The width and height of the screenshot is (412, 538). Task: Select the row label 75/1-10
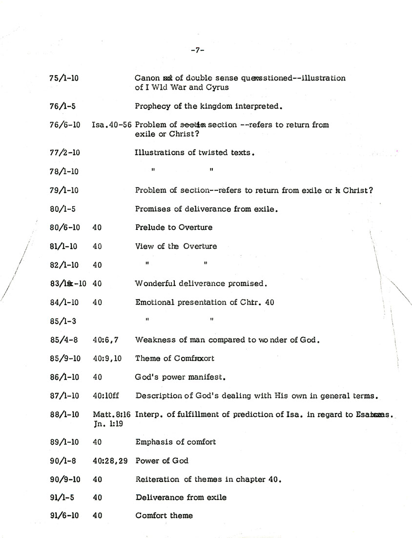(64, 78)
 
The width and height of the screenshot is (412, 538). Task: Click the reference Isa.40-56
(112, 124)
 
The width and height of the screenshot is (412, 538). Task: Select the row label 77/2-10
(65, 152)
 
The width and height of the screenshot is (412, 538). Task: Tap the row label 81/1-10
(64, 246)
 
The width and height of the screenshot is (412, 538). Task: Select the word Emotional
(153, 302)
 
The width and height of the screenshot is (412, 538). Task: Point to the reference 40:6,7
(105, 340)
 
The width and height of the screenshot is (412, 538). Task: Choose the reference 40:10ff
(106, 396)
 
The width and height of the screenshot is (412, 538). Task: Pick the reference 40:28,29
(110, 460)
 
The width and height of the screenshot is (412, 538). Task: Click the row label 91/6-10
(64, 516)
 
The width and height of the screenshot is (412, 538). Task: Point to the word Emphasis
(152, 442)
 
